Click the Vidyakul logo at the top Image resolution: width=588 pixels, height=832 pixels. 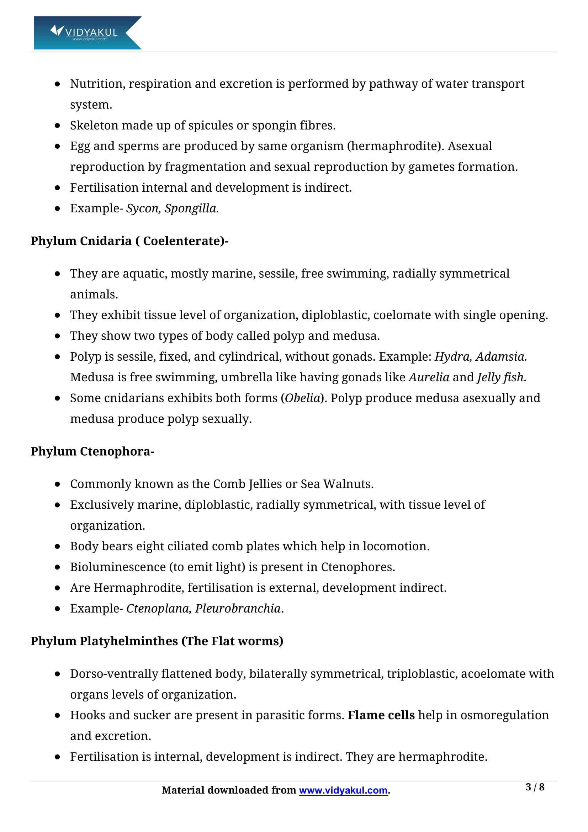[87, 33]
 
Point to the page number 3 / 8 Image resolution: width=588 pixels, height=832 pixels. [534, 787]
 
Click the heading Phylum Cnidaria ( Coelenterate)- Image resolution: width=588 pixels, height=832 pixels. [129, 241]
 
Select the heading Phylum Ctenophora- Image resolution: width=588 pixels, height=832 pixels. [92, 451]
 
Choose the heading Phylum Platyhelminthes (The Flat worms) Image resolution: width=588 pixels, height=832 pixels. [157, 641]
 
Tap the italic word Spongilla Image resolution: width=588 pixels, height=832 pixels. [191, 208]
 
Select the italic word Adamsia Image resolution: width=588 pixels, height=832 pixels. [501, 356]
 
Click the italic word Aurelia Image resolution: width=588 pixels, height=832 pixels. [429, 377]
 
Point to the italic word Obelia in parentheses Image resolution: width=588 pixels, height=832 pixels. [302, 398]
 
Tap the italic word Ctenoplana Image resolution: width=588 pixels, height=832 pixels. [158, 608]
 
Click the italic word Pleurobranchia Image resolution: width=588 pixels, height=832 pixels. [238, 608]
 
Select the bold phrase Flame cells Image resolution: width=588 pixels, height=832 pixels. [381, 715]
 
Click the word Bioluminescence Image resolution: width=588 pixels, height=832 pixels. [118, 567]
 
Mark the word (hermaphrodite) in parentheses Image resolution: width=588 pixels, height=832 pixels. [395, 146]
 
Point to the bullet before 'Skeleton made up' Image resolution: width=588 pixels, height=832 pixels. [57, 126]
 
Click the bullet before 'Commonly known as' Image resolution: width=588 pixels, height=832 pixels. [57, 484]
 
